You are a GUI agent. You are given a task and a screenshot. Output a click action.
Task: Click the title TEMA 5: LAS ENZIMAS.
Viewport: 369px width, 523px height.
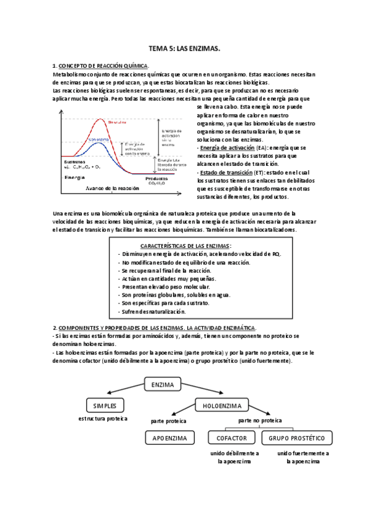185,47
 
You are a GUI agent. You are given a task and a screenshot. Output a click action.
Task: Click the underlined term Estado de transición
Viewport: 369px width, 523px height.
225,172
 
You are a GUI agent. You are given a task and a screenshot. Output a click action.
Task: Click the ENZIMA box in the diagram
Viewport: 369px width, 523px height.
162,384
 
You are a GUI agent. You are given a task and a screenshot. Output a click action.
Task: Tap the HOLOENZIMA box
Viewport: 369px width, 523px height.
222,405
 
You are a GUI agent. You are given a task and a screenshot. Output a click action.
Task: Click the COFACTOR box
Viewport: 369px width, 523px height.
232,438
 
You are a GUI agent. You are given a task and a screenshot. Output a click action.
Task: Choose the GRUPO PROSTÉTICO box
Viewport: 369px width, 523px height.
297,438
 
